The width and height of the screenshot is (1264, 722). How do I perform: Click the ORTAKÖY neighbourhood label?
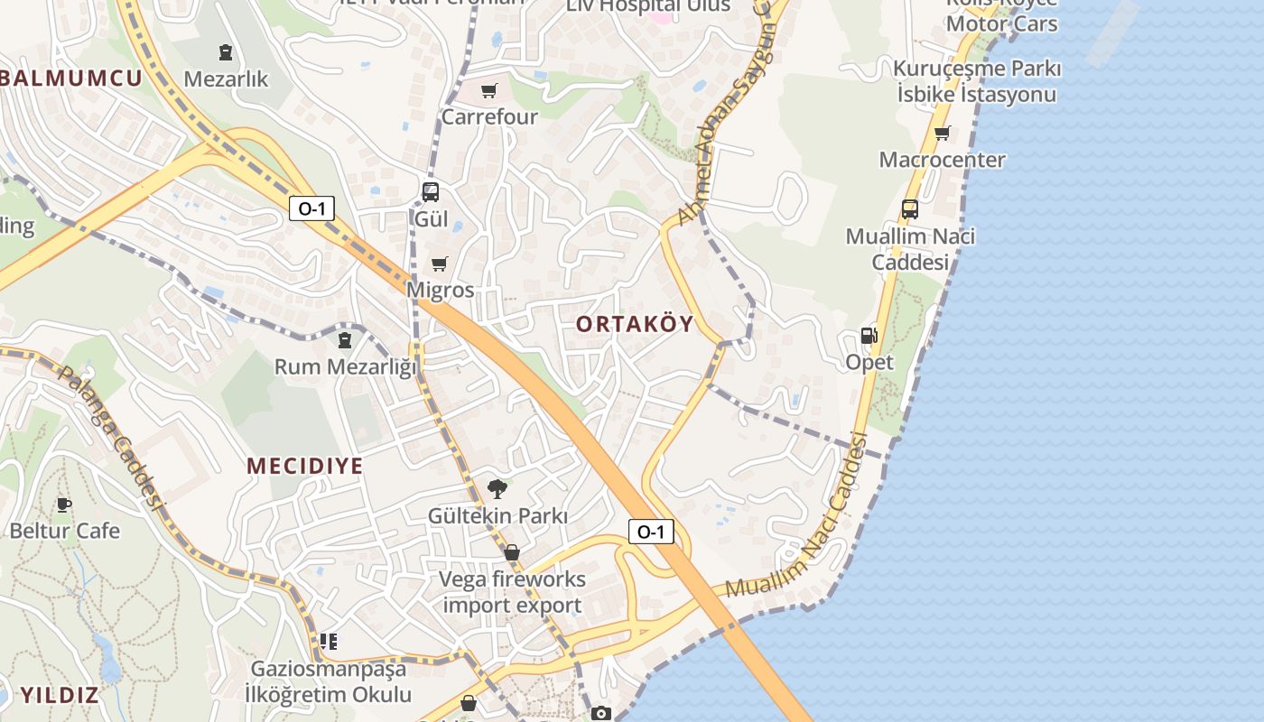[635, 324]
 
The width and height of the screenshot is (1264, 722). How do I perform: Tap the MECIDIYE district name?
[305, 467]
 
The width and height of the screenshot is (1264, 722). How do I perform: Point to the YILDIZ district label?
[60, 695]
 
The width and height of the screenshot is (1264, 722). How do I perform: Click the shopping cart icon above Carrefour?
[489, 90]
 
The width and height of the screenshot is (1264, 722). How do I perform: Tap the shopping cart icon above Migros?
[440, 264]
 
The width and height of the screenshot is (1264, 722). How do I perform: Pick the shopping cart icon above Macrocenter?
[943, 134]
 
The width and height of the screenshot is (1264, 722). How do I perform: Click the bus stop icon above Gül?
[431, 191]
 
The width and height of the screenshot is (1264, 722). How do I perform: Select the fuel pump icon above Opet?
[869, 336]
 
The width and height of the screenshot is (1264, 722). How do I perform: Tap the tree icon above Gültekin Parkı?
[497, 489]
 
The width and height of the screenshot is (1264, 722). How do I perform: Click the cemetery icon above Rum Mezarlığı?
[344, 340]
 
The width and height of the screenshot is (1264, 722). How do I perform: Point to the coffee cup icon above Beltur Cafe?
[63, 504]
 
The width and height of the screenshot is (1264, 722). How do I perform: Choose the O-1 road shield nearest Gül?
[311, 208]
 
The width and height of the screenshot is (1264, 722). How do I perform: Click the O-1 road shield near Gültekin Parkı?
[651, 532]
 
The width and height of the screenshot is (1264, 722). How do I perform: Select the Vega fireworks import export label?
[513, 592]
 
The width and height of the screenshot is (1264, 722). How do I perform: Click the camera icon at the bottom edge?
[600, 713]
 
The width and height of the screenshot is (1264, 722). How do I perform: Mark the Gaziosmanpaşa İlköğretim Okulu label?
[329, 681]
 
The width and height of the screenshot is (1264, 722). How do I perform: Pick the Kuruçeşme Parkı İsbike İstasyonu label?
[977, 81]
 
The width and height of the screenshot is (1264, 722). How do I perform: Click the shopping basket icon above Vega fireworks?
[512, 552]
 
